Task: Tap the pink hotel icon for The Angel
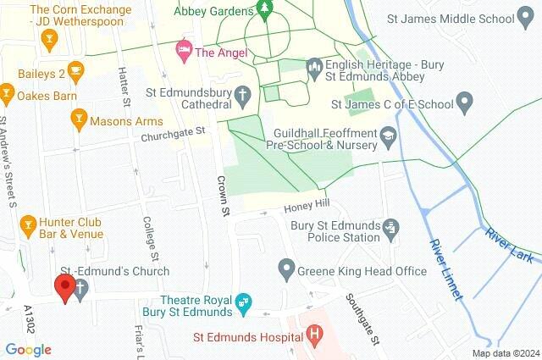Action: [x=182, y=51]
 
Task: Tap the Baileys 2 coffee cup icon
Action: [x=75, y=70]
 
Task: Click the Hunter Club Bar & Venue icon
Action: [x=27, y=224]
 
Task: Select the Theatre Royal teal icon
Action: [x=244, y=302]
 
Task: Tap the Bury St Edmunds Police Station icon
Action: [x=390, y=227]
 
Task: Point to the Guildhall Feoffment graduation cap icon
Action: [x=387, y=134]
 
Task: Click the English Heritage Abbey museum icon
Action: [x=314, y=64]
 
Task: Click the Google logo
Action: [x=28, y=350]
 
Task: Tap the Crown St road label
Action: [x=224, y=194]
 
